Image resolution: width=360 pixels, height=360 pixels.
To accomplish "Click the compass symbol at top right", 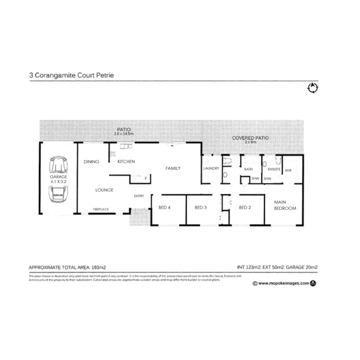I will tap(312, 88).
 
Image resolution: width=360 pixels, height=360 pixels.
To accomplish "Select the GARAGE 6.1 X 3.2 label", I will tap(58, 179).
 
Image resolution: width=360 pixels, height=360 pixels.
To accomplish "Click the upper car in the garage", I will tap(58, 164).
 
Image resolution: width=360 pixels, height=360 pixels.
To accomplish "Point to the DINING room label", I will tap(91, 162).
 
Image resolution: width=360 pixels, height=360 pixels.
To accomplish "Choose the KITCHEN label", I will tap(126, 162).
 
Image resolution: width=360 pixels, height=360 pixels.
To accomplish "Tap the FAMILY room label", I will tap(173, 168).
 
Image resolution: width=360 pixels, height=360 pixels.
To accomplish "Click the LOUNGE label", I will tap(104, 190).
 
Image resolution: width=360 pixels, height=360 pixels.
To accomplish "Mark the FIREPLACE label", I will tap(101, 209).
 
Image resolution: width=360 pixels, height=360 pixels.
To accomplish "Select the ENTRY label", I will tap(139, 196).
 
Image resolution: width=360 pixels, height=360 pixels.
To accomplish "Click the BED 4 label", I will tap(165, 207).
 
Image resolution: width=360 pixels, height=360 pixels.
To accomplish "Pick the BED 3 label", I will tap(200, 207).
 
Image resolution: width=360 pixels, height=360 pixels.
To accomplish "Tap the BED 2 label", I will tap(245, 207).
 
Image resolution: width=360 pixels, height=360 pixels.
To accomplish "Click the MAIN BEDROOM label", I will tap(285, 206).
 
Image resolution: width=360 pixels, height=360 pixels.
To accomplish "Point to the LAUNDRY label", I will tap(211, 168).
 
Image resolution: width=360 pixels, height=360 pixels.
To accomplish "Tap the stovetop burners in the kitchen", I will tap(113, 154).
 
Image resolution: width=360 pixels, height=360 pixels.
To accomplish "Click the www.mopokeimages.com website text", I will tap(283, 283).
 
